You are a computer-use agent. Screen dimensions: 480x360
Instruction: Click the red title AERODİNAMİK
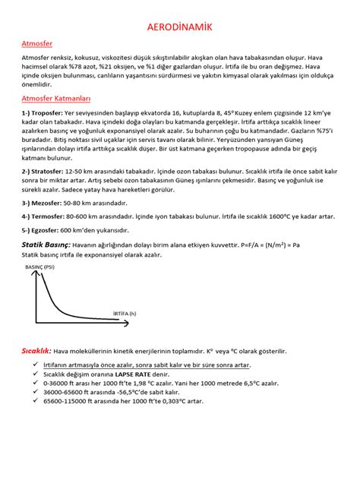coord(179,28)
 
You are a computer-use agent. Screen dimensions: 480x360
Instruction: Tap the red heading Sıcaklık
coord(37,351)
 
